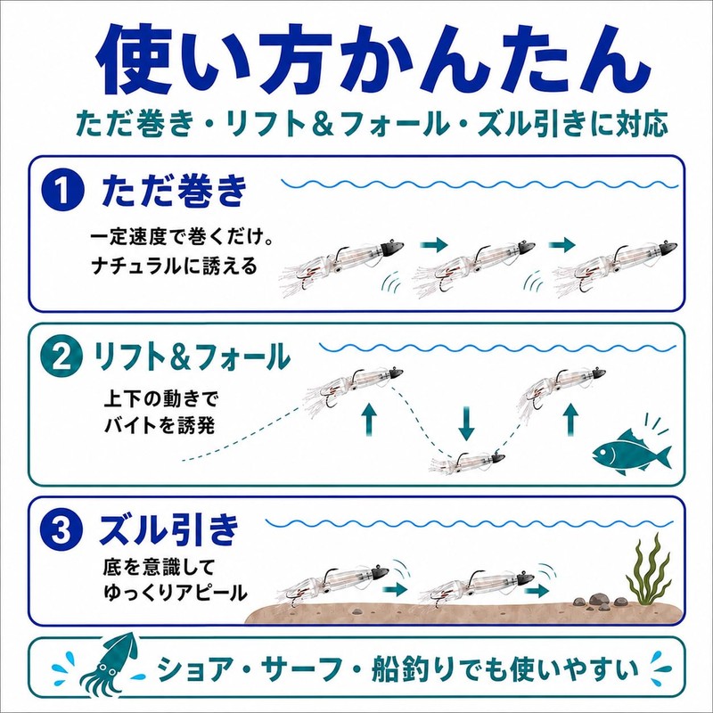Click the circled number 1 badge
pos(62,191)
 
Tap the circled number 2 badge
pos(61,358)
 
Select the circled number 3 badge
pos(61,530)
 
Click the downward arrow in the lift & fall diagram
pos(465,424)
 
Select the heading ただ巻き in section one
pos(174,192)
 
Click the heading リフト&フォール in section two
pos(191,358)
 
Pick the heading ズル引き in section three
pos(168,529)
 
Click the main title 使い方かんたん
pos(373,61)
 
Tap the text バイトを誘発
pos(160,426)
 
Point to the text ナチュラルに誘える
pos(175,266)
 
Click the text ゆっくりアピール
pos(176,593)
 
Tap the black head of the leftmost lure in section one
pos(392,248)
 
